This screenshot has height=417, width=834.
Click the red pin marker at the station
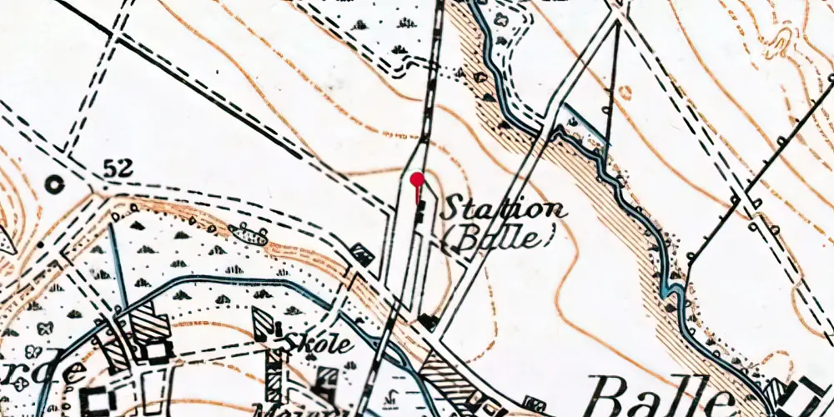(x=417, y=178)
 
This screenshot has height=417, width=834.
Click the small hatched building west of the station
(x=362, y=253)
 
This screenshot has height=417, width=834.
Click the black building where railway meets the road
(x=428, y=320)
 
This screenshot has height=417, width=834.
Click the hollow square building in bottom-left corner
(x=99, y=402)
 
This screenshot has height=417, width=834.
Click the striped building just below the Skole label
(x=274, y=367)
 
